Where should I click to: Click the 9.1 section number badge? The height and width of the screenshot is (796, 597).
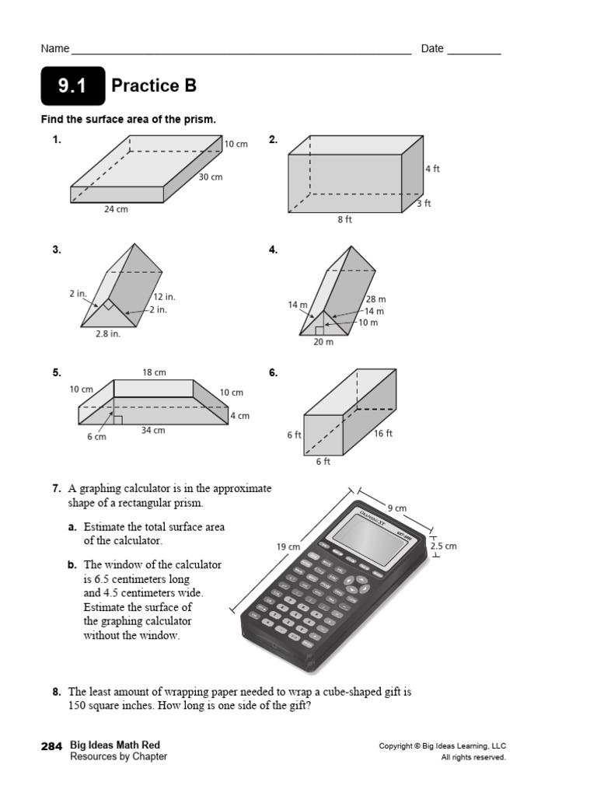click(72, 86)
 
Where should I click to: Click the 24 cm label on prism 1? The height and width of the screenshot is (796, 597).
click(116, 210)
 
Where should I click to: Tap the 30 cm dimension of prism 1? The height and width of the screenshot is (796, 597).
click(210, 177)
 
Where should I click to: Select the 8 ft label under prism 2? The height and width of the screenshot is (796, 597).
click(344, 220)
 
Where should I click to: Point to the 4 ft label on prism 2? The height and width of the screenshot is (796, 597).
click(432, 169)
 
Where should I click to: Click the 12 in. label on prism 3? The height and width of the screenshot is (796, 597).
click(164, 297)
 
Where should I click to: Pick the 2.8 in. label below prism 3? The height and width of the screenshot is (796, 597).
click(107, 334)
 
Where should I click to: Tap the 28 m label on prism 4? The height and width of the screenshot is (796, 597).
click(375, 299)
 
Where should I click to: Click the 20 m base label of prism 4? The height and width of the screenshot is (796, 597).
click(323, 342)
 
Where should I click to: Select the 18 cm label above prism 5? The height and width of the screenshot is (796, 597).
click(154, 372)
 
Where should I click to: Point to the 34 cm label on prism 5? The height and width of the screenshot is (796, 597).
click(152, 431)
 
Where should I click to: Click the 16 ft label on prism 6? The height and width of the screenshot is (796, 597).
click(383, 434)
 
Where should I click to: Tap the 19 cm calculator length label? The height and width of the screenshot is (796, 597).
click(288, 547)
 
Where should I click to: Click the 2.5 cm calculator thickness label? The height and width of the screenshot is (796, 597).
click(443, 546)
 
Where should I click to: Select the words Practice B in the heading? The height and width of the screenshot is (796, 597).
click(154, 86)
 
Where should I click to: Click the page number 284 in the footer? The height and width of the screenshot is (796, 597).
click(52, 745)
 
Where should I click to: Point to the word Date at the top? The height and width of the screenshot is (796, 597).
click(432, 49)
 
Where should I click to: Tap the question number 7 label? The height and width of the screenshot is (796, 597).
click(57, 489)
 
